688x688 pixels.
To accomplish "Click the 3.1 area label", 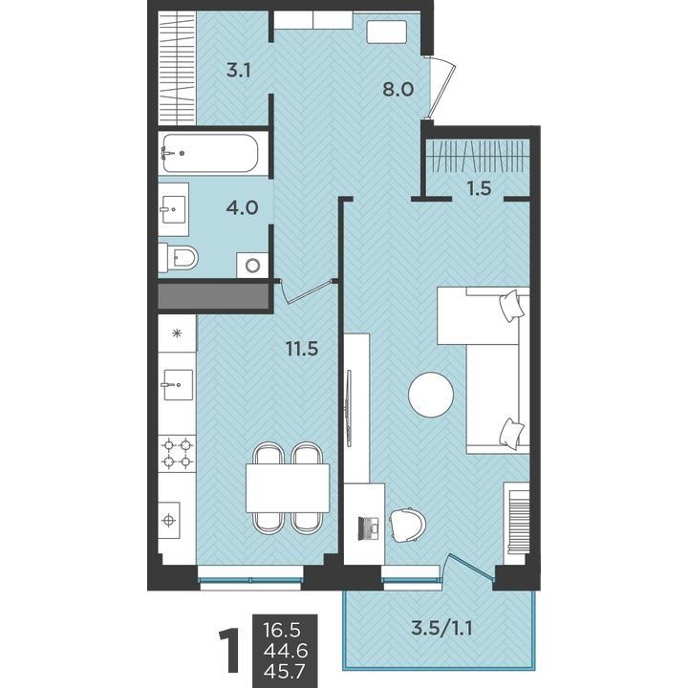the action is coord(239,70).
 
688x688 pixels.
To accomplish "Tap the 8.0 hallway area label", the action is coord(398,90).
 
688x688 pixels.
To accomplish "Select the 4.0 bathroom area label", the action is coord(242,207).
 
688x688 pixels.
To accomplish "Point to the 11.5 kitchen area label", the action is coord(302,349).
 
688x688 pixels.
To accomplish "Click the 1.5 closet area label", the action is coord(479,188).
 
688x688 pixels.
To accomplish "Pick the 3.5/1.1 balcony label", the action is coord(441,629).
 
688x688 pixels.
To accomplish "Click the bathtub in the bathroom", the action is coord(210,153).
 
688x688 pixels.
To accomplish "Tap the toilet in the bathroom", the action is coord(179,258).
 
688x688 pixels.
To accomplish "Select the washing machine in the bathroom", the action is coord(252,265).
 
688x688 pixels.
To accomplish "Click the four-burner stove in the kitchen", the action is coord(178,454).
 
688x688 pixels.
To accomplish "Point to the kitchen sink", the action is coord(178,385).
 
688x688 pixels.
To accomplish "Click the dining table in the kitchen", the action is coord(288,488).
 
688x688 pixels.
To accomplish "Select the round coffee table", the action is coord(431,395).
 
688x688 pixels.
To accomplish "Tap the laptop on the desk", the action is coord(369,528).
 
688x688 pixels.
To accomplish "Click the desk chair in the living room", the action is coord(408,526).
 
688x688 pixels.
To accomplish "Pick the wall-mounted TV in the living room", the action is coord(349,408).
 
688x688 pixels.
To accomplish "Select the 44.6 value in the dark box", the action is coord(286,651).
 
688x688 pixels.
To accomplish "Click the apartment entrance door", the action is coord(441,88).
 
